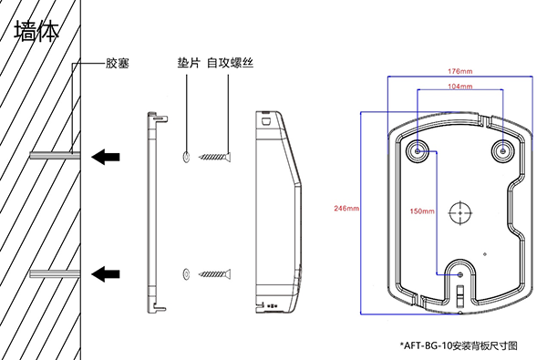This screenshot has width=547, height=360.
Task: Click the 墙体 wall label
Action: coord(36,31)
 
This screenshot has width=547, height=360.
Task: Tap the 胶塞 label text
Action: coord(118,63)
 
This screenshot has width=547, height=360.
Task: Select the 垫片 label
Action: coord(189,63)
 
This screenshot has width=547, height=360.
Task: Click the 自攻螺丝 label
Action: coord(230,63)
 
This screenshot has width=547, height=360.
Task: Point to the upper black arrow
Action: coord(106,157)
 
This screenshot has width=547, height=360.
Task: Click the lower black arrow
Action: coord(106,273)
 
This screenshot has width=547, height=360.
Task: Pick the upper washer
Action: coord(186,157)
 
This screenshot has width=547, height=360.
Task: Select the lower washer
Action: coord(186,274)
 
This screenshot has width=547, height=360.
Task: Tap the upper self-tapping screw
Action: coord(215,157)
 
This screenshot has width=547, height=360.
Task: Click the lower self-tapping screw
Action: coord(215,274)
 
